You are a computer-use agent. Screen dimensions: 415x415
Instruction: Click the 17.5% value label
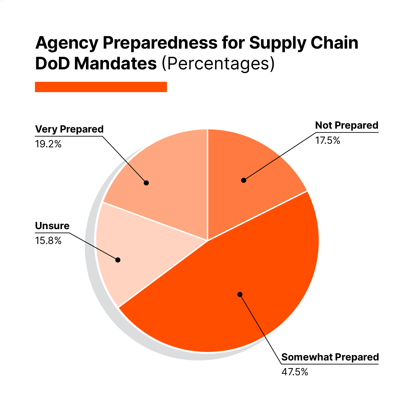[328, 141]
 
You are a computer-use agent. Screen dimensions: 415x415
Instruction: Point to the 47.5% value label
[295, 372]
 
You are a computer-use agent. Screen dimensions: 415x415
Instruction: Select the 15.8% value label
[48, 241]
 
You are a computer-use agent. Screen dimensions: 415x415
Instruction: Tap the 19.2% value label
[48, 144]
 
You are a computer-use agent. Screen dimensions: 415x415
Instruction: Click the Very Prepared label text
[69, 130]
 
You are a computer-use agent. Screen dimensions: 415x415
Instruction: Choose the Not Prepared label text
[347, 125]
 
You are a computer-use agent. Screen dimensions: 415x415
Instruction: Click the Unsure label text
[52, 226]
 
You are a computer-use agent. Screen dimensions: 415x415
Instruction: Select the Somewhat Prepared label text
[330, 357]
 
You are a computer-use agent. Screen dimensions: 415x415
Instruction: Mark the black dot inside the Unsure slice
[118, 260]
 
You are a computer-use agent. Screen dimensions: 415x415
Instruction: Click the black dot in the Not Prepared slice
[244, 180]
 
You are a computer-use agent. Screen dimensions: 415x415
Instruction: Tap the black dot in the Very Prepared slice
[146, 183]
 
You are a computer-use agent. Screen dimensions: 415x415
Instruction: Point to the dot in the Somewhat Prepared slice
[240, 294]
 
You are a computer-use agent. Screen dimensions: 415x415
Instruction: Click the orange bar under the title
[101, 87]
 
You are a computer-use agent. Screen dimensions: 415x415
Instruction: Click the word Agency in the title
[66, 43]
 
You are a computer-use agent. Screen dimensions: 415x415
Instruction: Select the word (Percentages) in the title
[218, 63]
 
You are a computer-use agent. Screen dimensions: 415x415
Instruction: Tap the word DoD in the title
[52, 63]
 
